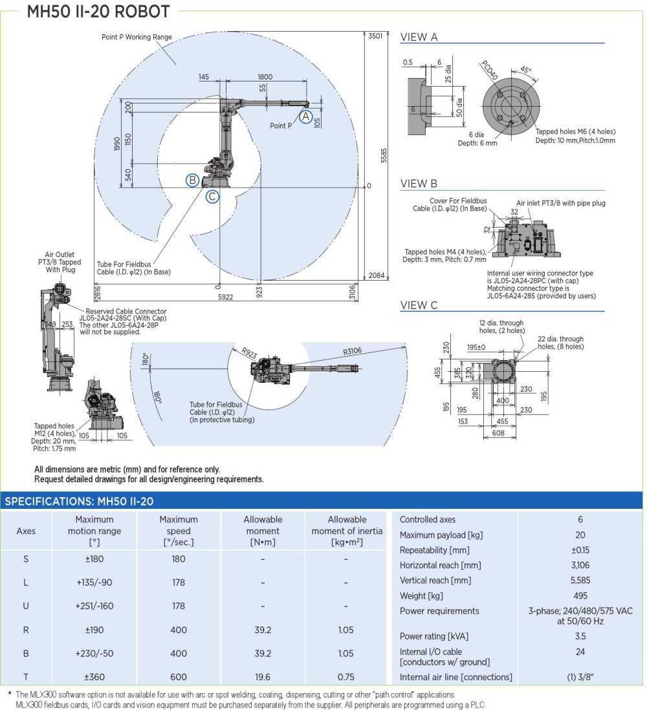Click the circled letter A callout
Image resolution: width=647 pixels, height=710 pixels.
[306, 116]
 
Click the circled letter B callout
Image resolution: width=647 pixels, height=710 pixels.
[192, 180]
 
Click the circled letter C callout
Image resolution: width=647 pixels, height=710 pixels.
[212, 197]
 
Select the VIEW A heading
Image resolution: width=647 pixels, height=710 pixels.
[419, 37]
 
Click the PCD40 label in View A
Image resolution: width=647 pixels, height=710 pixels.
[490, 70]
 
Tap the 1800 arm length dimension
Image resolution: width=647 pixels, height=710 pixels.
[265, 77]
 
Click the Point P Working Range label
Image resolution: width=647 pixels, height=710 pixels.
[137, 37]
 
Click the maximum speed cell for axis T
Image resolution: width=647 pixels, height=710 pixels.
[179, 677]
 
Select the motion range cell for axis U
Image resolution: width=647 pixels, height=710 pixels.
[94, 606]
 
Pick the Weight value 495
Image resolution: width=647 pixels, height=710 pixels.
[580, 596]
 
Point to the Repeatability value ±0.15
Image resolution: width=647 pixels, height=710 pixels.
[580, 550]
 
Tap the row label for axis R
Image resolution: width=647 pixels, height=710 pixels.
[26, 630]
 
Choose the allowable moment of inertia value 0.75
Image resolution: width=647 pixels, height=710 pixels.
[347, 677]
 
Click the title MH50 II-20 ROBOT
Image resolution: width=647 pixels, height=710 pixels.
[98, 12]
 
